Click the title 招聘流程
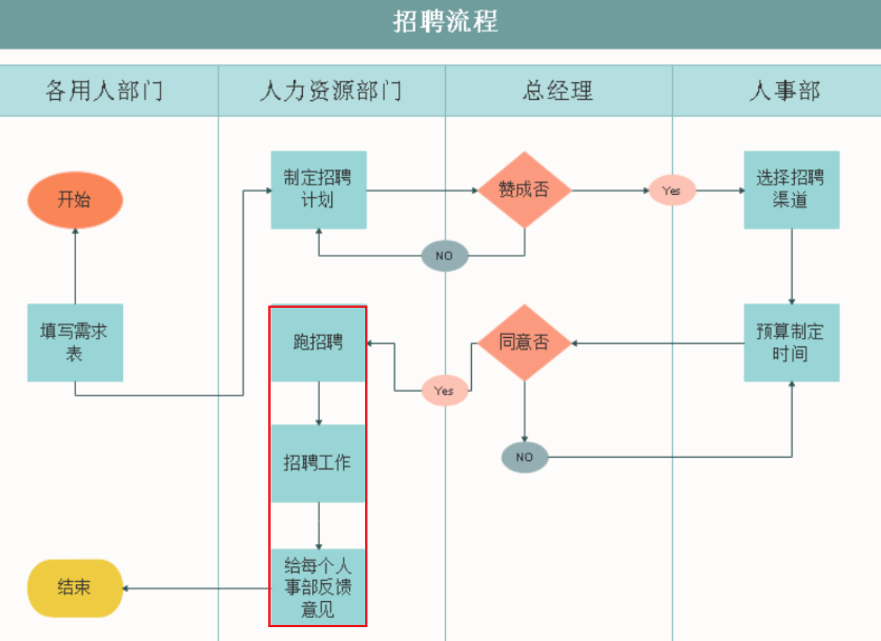445,22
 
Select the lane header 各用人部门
104,91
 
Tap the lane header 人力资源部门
331,91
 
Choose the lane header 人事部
784,91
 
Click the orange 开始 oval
75,200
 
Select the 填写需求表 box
75,342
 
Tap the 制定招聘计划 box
318,189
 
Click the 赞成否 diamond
524,189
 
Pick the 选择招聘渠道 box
791,189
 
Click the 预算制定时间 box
791,342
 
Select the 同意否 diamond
524,342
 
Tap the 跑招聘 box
318,343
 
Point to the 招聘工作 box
318,463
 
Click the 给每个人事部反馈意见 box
318,588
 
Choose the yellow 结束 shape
75,588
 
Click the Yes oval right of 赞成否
672,190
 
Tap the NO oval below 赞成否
444,255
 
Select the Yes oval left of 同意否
444,391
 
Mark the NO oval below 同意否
524,457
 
